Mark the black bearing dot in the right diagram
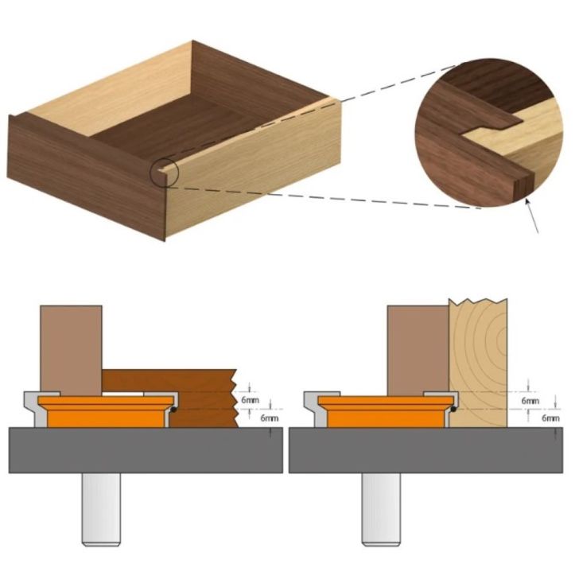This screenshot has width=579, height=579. coord(453,407)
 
